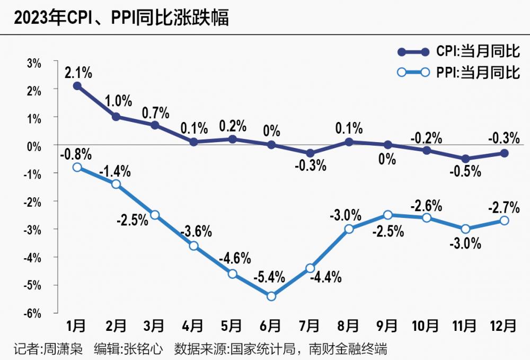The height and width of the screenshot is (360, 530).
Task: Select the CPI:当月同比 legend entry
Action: tap(458, 51)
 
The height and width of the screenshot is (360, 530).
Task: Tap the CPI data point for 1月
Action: tap(77, 85)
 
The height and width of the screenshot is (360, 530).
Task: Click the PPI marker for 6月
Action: tap(271, 296)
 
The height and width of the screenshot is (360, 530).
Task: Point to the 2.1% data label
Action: tap(78, 71)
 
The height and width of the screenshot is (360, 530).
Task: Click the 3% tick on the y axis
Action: tap(34, 63)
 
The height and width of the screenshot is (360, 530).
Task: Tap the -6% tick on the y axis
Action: tap(33, 313)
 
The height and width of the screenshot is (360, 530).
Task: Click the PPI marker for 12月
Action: tap(504, 220)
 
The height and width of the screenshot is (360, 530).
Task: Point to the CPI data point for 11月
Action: tap(465, 159)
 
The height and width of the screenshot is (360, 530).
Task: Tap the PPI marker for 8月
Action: tap(349, 229)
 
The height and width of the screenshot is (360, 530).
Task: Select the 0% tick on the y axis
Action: tap(34, 146)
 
